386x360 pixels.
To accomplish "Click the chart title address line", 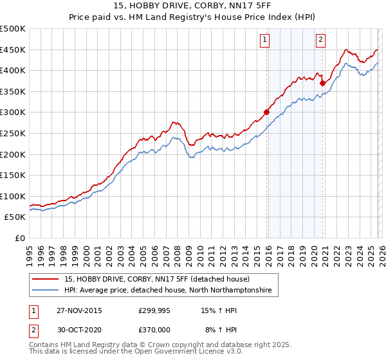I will coord(192,7).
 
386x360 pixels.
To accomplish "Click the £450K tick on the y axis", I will coord(13,50).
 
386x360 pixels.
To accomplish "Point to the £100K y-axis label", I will coord(13,196).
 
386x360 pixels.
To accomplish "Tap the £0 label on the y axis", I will coord(21,238).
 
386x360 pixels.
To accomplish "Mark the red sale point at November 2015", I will coord(266,112).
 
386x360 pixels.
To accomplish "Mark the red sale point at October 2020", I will coord(322,82).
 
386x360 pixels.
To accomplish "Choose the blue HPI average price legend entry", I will coord(168,291).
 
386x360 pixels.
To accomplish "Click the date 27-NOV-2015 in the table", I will coord(79,310).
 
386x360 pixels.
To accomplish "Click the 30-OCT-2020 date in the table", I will coord(79,329).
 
